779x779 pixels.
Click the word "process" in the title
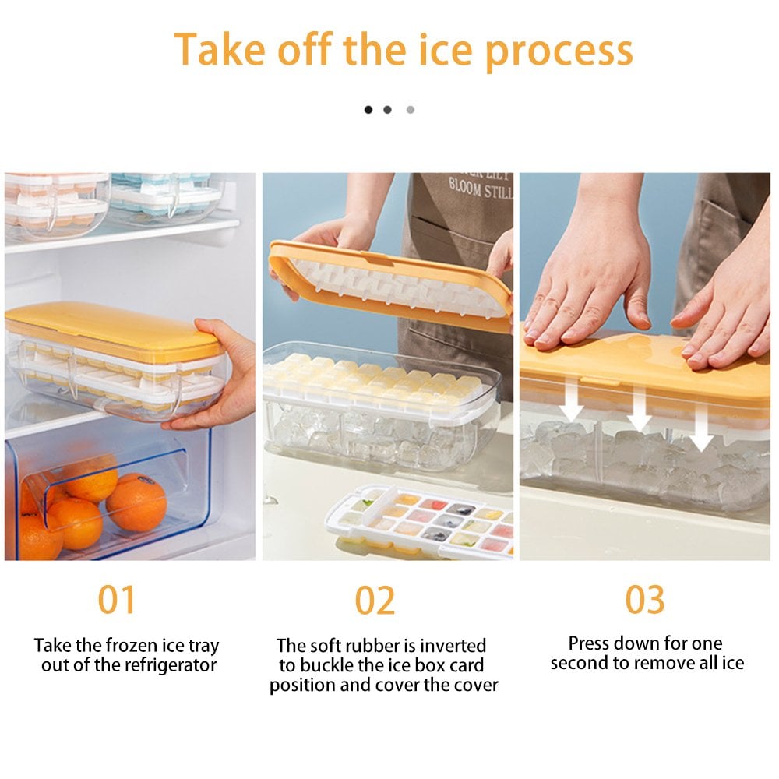pos(559,49)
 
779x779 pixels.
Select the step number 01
pos(117,600)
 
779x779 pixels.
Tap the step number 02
pos(375,600)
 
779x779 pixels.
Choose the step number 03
pos(646,600)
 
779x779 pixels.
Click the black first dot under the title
pos(368,110)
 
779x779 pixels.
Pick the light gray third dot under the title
pos(411,110)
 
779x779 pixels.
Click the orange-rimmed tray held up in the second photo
pos(389,280)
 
